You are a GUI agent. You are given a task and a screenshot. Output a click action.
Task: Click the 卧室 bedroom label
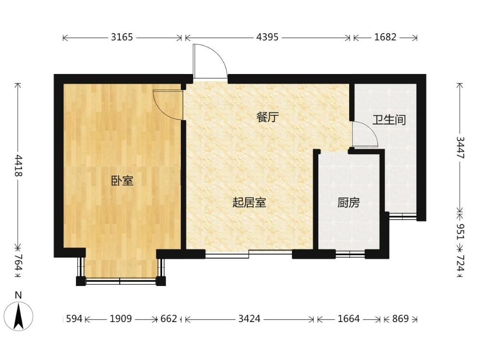122,181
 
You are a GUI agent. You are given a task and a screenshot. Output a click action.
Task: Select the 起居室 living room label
249,202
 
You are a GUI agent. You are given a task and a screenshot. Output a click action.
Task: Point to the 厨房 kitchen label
348,202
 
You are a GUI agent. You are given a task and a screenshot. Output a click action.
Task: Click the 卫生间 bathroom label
389,120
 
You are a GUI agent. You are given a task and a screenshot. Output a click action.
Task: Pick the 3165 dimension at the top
122,37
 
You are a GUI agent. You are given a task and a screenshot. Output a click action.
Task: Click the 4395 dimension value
267,37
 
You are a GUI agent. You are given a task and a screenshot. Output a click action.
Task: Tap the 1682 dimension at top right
385,37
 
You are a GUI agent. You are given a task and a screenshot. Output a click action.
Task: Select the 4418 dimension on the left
18,165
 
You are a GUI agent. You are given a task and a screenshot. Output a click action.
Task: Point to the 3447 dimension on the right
460,148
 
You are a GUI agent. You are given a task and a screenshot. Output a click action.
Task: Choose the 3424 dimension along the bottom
249,319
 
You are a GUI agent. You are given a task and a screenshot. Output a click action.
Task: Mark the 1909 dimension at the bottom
121,319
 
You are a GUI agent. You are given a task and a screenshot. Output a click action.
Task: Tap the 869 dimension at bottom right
401,319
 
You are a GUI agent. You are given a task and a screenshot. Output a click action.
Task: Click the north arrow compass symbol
19,316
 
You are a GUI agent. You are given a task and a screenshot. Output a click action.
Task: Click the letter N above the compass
19,296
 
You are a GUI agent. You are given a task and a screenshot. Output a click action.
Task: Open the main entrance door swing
210,61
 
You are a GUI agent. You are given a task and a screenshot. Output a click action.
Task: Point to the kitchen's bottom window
350,254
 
